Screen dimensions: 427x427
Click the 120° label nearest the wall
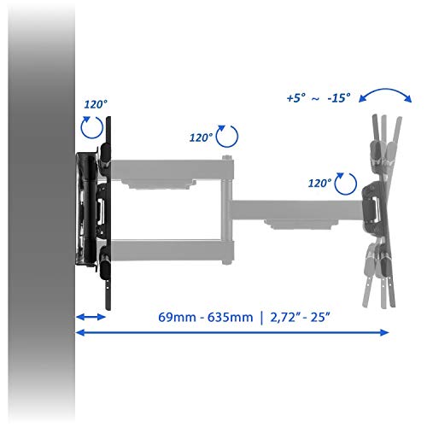[x=96, y=104]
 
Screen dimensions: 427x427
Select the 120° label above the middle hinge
[x=201, y=137]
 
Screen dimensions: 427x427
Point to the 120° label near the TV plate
[x=319, y=183]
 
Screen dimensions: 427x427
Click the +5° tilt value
[x=296, y=98]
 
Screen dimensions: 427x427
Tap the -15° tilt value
[x=339, y=98]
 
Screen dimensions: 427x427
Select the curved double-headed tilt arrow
[x=385, y=90]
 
